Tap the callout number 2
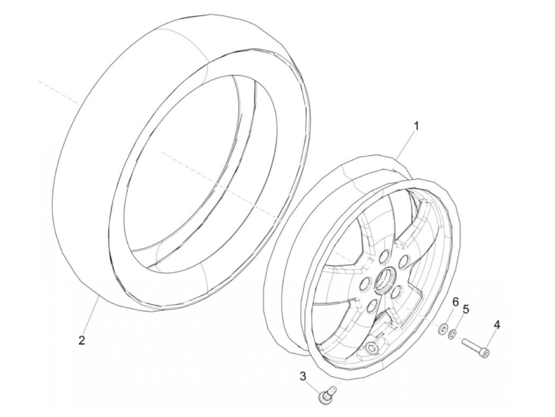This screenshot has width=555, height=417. tap(82, 340)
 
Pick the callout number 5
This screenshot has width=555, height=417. tap(465, 309)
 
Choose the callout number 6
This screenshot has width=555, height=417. tap(455, 302)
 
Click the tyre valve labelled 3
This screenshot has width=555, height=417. tap(325, 396)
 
